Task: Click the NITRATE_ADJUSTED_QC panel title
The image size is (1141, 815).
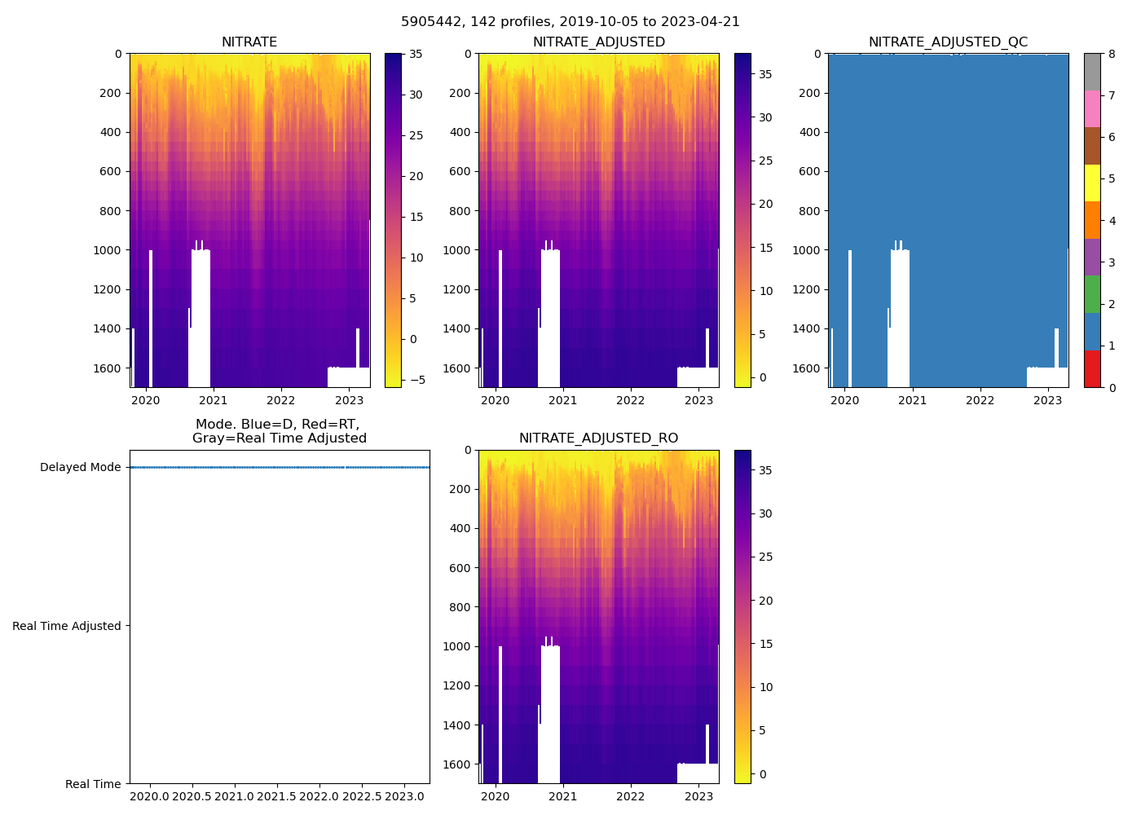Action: click(x=948, y=42)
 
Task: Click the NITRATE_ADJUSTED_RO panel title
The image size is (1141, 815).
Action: click(x=598, y=438)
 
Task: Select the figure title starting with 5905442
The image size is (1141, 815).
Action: click(x=570, y=22)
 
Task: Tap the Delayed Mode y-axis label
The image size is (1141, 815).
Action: click(x=80, y=467)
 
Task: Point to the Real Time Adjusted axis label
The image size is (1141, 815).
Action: click(x=67, y=626)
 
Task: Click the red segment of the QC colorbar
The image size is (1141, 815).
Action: click(x=1092, y=369)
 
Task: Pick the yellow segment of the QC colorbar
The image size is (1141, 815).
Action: click(x=1092, y=183)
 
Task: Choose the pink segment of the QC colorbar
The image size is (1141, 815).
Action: click(x=1092, y=108)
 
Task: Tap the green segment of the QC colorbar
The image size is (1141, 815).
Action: click(x=1092, y=294)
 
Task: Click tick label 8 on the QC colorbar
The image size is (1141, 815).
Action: click(x=1111, y=54)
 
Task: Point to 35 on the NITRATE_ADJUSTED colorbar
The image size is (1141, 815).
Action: click(x=765, y=74)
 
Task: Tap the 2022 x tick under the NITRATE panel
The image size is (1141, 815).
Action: click(x=281, y=400)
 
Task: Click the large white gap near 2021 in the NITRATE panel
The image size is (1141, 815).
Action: click(x=200, y=318)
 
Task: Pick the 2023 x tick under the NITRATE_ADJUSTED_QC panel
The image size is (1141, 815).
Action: click(x=1048, y=400)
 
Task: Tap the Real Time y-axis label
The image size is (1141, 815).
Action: click(x=93, y=784)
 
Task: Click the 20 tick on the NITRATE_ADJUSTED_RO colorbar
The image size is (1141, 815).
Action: click(x=765, y=601)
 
